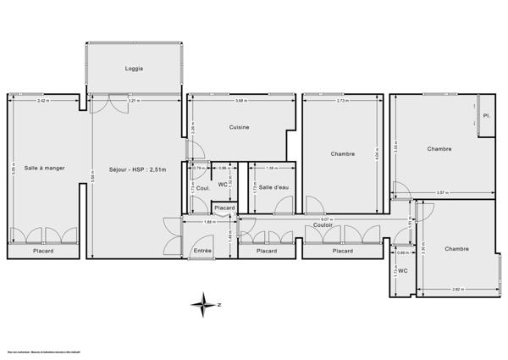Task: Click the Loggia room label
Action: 134,68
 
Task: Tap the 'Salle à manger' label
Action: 44,168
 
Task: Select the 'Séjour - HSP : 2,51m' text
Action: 138,169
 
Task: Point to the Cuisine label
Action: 239,127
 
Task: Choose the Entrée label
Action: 203,251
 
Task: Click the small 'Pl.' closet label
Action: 487,115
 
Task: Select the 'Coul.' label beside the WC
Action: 203,188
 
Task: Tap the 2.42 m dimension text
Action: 42,102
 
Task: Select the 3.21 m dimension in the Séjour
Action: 133,102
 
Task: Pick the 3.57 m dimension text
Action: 441,193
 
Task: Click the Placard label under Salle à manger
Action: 44,252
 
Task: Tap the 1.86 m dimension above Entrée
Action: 209,221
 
